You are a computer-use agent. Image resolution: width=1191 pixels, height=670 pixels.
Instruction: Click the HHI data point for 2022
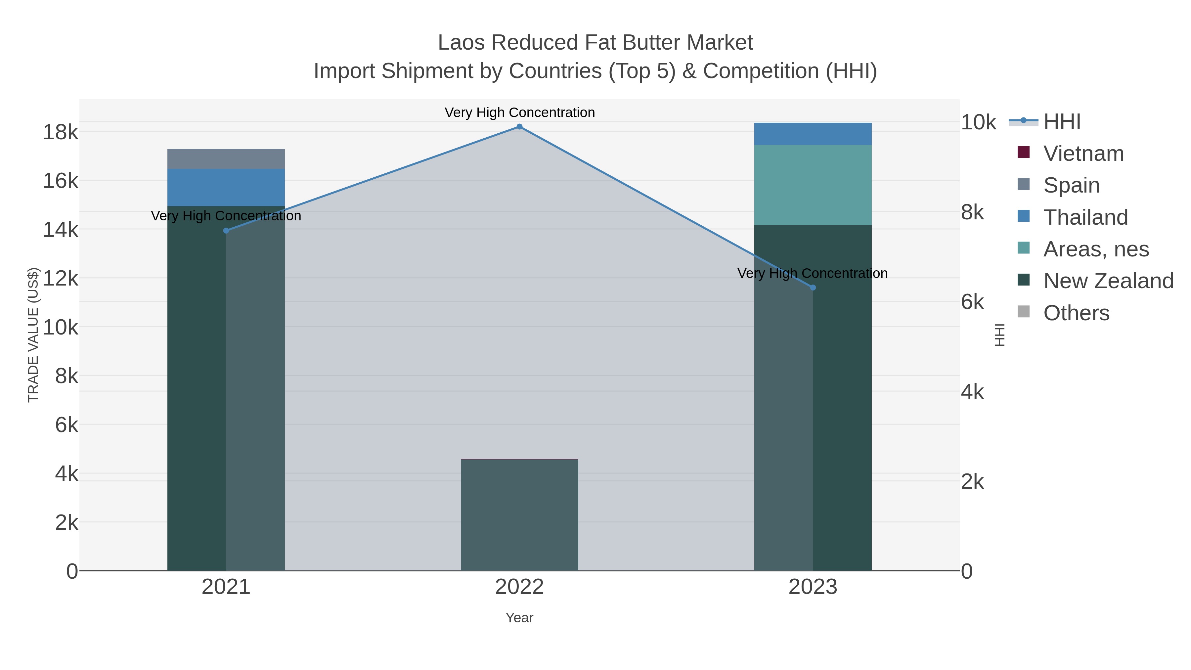click(x=519, y=127)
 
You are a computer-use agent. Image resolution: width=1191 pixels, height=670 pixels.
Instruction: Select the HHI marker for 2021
click(x=226, y=231)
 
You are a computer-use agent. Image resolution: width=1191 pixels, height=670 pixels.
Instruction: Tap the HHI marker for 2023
click(x=813, y=288)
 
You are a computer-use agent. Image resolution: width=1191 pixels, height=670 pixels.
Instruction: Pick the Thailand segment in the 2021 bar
click(x=226, y=187)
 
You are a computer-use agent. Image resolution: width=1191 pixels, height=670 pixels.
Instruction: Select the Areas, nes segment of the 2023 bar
click(x=813, y=185)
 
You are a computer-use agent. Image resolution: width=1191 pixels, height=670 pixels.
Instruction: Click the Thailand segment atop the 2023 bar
click(x=813, y=134)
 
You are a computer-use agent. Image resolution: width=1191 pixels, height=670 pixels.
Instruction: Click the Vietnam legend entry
click(x=1083, y=154)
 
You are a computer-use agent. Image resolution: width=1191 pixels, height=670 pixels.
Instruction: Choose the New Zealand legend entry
click(x=1108, y=281)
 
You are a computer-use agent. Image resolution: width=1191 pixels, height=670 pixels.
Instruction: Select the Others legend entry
click(x=1076, y=313)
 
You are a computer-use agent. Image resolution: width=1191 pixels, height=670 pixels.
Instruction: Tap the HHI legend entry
click(x=1062, y=122)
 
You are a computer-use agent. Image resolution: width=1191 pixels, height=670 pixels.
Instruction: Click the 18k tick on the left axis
click(x=61, y=132)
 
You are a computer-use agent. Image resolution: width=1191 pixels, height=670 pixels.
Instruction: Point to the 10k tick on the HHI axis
click(x=978, y=122)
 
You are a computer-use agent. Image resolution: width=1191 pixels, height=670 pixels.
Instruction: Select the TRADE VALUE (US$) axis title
click(x=33, y=335)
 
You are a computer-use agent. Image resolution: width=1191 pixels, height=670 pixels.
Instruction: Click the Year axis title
click(x=519, y=618)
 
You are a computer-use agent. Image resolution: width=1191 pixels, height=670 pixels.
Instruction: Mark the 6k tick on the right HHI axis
click(x=973, y=302)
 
